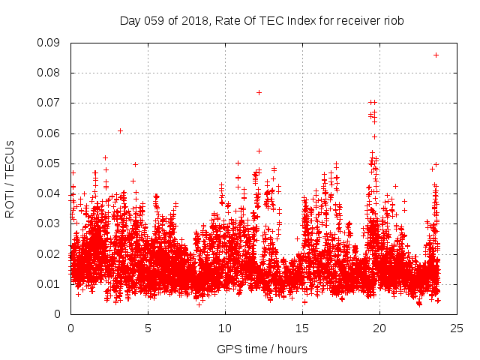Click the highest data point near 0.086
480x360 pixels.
click(x=436, y=55)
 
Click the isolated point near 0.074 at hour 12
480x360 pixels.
click(x=259, y=92)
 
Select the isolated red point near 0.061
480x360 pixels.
click(x=120, y=130)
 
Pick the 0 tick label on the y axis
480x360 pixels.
click(x=58, y=314)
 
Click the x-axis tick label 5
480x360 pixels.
click(x=148, y=328)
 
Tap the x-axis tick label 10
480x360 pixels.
click(x=225, y=328)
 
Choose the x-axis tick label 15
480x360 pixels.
click(x=302, y=328)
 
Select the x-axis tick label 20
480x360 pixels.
click(x=379, y=328)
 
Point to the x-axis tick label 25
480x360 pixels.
click(x=457, y=328)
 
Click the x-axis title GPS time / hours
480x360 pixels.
click(x=262, y=349)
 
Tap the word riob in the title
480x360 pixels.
click(x=394, y=21)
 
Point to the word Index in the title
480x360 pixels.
click(x=296, y=21)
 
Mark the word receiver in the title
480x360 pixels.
click(x=355, y=21)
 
